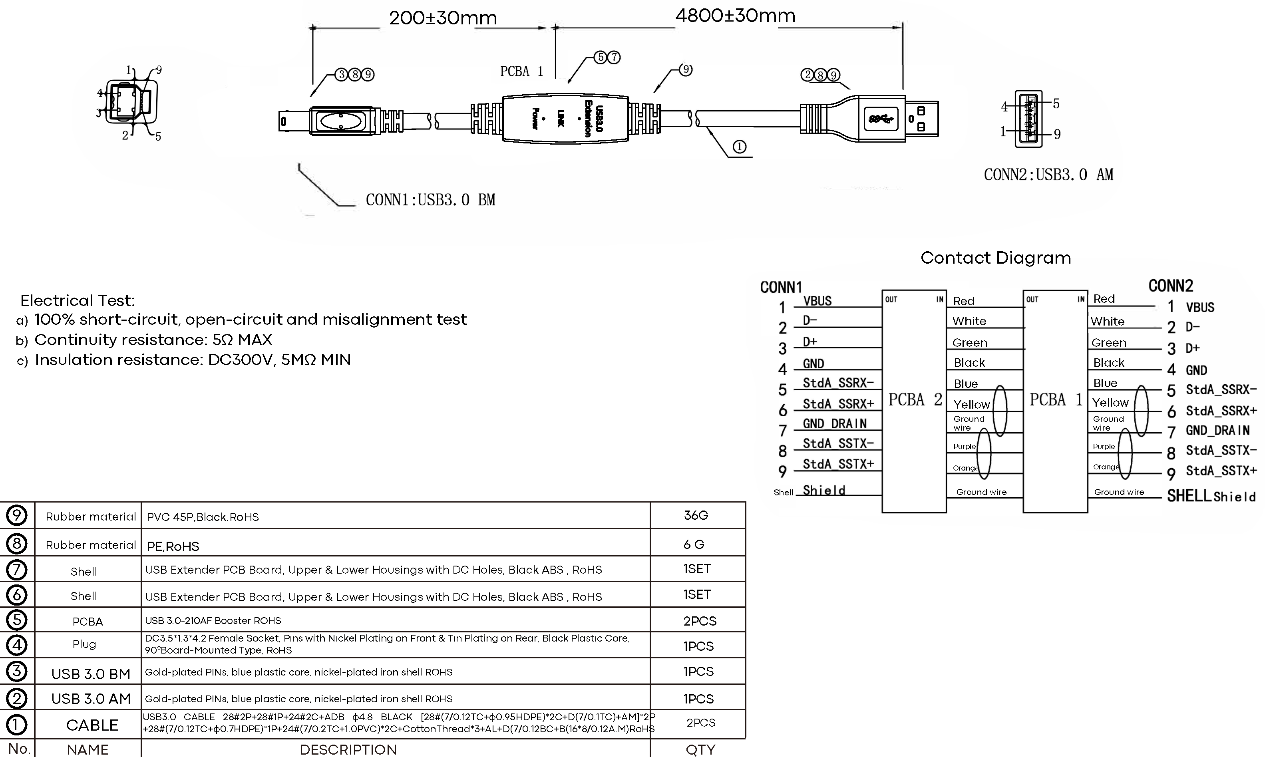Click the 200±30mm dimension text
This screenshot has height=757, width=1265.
point(443,18)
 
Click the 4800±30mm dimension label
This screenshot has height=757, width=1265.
point(735,16)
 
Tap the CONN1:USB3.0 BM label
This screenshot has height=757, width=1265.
point(430,200)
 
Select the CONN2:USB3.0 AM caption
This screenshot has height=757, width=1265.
point(1048,175)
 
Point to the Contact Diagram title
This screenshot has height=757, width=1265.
point(995,258)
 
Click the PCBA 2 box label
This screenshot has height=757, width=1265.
point(915,400)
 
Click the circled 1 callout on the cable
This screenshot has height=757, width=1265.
point(739,147)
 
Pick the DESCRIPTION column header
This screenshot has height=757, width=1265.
point(348,749)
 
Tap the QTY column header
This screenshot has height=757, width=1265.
point(700,749)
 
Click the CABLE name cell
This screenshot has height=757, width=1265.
point(92,725)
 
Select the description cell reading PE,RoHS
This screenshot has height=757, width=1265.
point(173,546)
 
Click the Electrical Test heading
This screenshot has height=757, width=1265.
point(78,300)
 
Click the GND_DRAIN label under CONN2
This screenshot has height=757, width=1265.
point(1217,431)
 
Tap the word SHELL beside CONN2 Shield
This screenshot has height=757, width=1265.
point(1189,496)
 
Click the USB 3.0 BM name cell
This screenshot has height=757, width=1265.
point(91,674)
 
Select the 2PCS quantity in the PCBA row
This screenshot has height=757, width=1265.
point(699,621)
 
